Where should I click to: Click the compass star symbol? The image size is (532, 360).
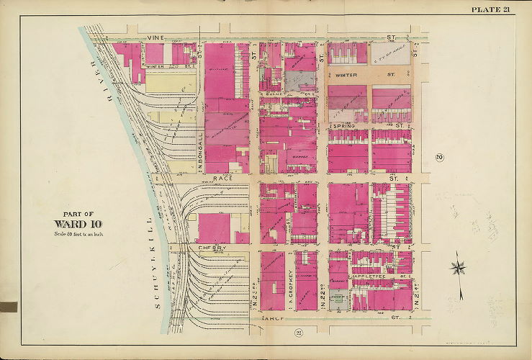coord(458,269)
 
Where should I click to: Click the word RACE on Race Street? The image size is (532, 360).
coord(220,176)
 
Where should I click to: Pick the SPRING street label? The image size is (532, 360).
coord(343,126)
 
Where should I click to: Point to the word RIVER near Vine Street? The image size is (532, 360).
coord(94,77)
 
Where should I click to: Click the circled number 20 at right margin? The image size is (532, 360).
coord(438,158)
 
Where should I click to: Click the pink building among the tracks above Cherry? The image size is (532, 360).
coord(214,228)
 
